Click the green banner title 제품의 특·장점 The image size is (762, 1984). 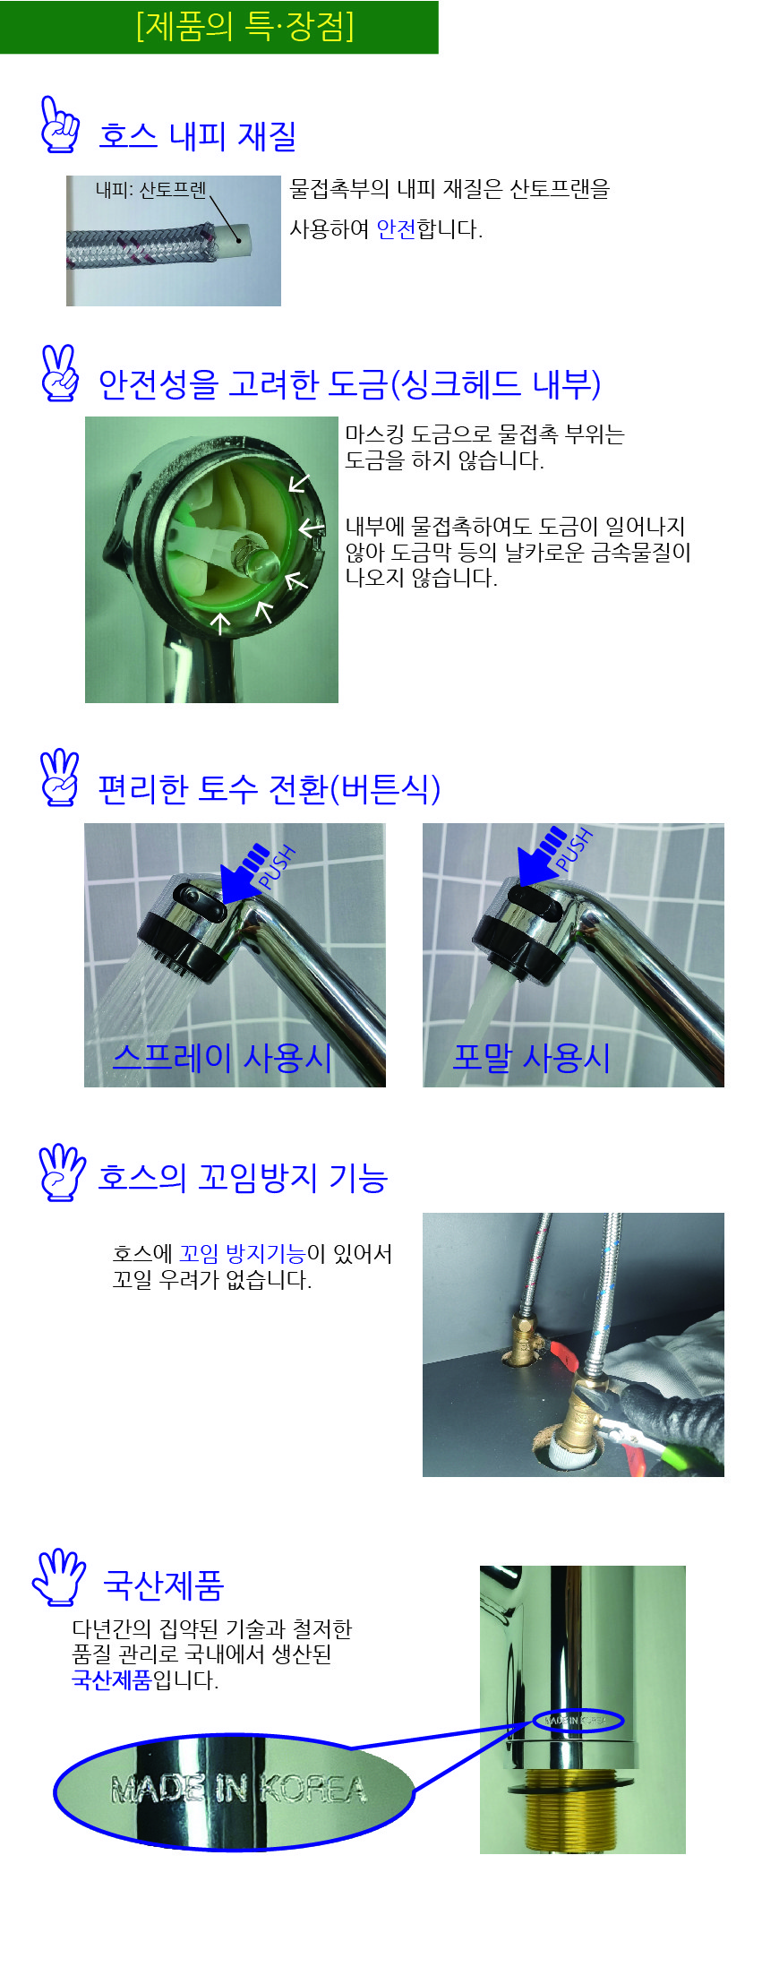click(x=244, y=26)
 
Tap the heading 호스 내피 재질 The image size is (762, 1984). click(x=198, y=135)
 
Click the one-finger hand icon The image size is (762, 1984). click(x=60, y=125)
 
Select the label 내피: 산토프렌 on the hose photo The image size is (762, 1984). click(x=150, y=189)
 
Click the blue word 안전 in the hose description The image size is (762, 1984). click(x=397, y=229)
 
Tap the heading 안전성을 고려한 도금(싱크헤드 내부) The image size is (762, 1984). click(x=349, y=383)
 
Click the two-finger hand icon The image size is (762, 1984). click(x=60, y=373)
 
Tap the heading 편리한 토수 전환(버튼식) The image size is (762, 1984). click(x=269, y=788)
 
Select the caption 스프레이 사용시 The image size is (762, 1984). click(x=222, y=1058)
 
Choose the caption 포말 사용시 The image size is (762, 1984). click(x=531, y=1058)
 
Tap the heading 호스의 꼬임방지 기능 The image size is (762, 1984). click(x=243, y=1177)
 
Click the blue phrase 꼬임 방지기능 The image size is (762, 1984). click(x=242, y=1254)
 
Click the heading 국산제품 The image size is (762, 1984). click(x=163, y=1585)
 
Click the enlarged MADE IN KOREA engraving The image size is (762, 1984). click(x=238, y=1789)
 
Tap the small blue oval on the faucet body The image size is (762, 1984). click(x=578, y=1721)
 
